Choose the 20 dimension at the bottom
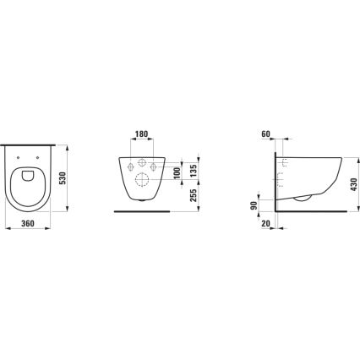coord(265,224)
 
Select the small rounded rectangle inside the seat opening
coord(30,176)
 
